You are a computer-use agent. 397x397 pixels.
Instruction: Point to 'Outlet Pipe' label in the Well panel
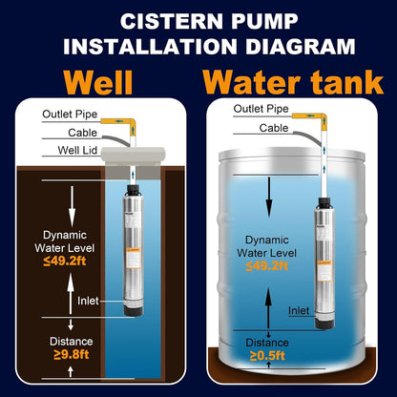[69, 114]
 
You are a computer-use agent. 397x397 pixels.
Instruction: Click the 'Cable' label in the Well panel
[56, 131]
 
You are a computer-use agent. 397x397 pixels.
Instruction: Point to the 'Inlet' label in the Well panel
[88, 302]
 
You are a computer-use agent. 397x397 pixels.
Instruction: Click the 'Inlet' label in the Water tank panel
[298, 310]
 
